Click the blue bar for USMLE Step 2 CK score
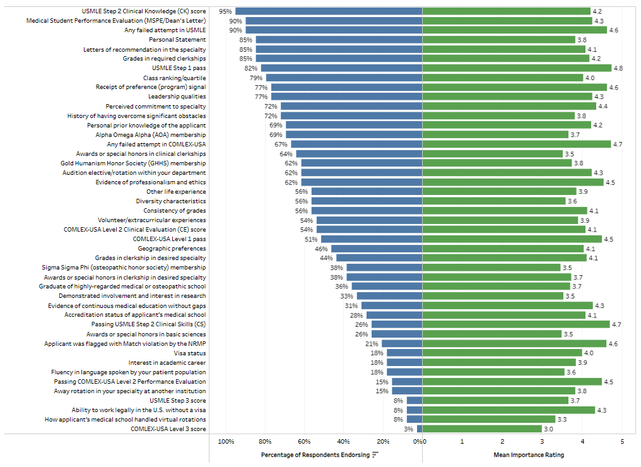[x=329, y=11]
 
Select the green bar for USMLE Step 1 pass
[x=517, y=68]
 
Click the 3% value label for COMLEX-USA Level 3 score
[x=408, y=429]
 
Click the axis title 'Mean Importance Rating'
[x=529, y=454]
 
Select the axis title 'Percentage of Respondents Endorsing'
[x=315, y=454]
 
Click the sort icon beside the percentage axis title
[x=375, y=454]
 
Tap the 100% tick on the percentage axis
[x=226, y=441]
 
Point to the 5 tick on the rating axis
[x=622, y=441]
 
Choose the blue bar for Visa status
[x=404, y=353]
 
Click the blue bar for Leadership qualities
[x=346, y=97]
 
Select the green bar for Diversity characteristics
[x=494, y=201]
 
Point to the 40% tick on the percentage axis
[x=343, y=441]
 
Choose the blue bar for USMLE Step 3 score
[x=415, y=401]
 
